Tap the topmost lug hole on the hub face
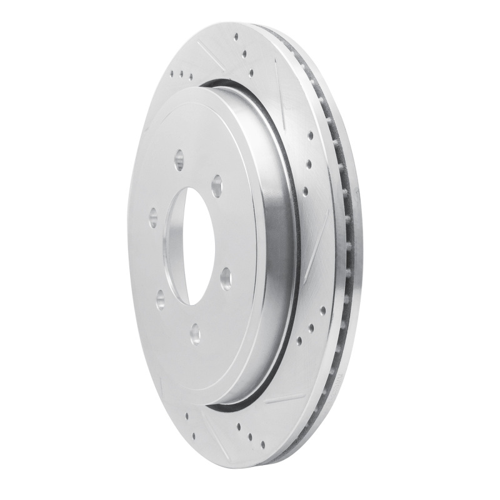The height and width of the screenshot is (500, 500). click(x=179, y=156)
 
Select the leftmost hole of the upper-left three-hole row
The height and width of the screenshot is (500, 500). click(x=173, y=72)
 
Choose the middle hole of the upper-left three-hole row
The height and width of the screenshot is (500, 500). click(x=181, y=75)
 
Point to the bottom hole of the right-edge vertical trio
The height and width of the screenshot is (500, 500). click(x=306, y=192)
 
